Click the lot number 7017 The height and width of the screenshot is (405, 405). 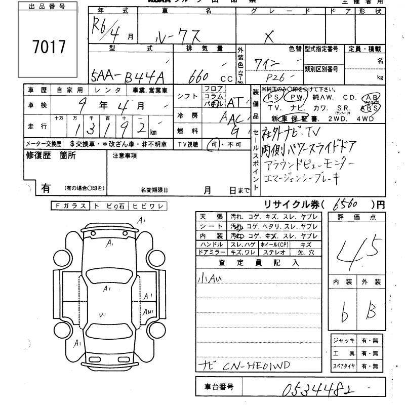click(x=49, y=47)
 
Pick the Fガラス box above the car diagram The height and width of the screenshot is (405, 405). click(x=70, y=206)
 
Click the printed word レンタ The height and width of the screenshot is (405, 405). click(x=110, y=90)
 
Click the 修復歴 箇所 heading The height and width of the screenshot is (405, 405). click(x=51, y=156)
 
